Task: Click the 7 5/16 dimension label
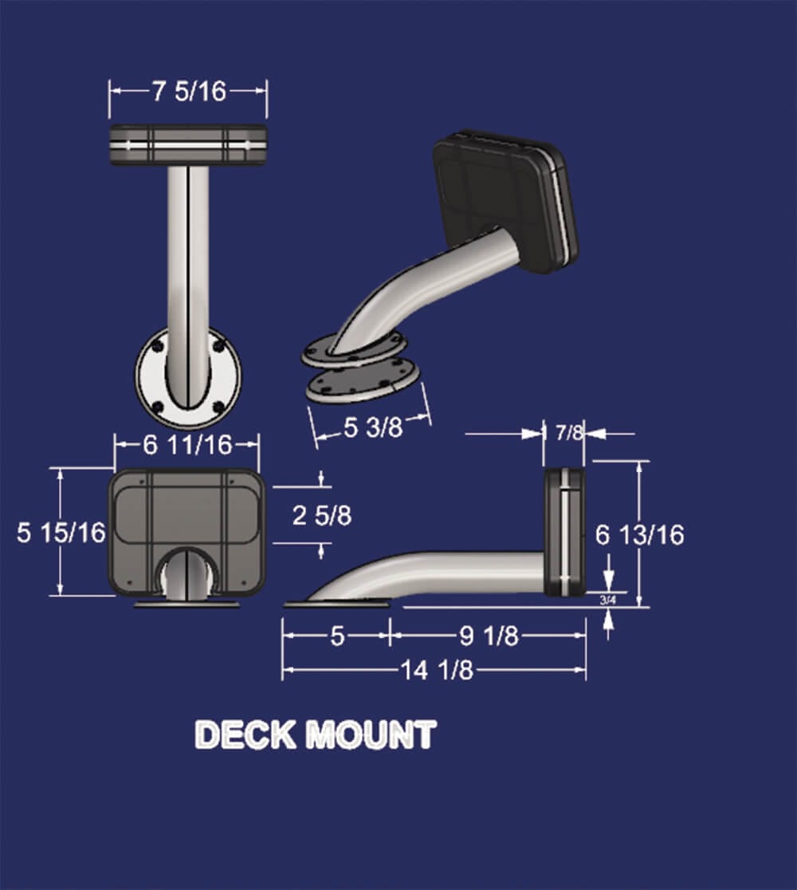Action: [x=189, y=92]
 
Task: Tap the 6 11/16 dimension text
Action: [x=187, y=445]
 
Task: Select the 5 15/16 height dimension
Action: [x=61, y=532]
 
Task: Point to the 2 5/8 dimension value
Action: [x=321, y=515]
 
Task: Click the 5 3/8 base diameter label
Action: [x=373, y=428]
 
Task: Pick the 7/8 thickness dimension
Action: [x=569, y=433]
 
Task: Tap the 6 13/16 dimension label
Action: [x=639, y=534]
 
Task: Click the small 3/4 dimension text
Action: [x=607, y=599]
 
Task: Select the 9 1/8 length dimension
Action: [x=489, y=636]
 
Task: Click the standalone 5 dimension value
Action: [x=337, y=636]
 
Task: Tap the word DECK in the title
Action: [x=245, y=734]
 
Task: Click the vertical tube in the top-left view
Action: [x=188, y=255]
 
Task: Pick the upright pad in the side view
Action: [x=563, y=531]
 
